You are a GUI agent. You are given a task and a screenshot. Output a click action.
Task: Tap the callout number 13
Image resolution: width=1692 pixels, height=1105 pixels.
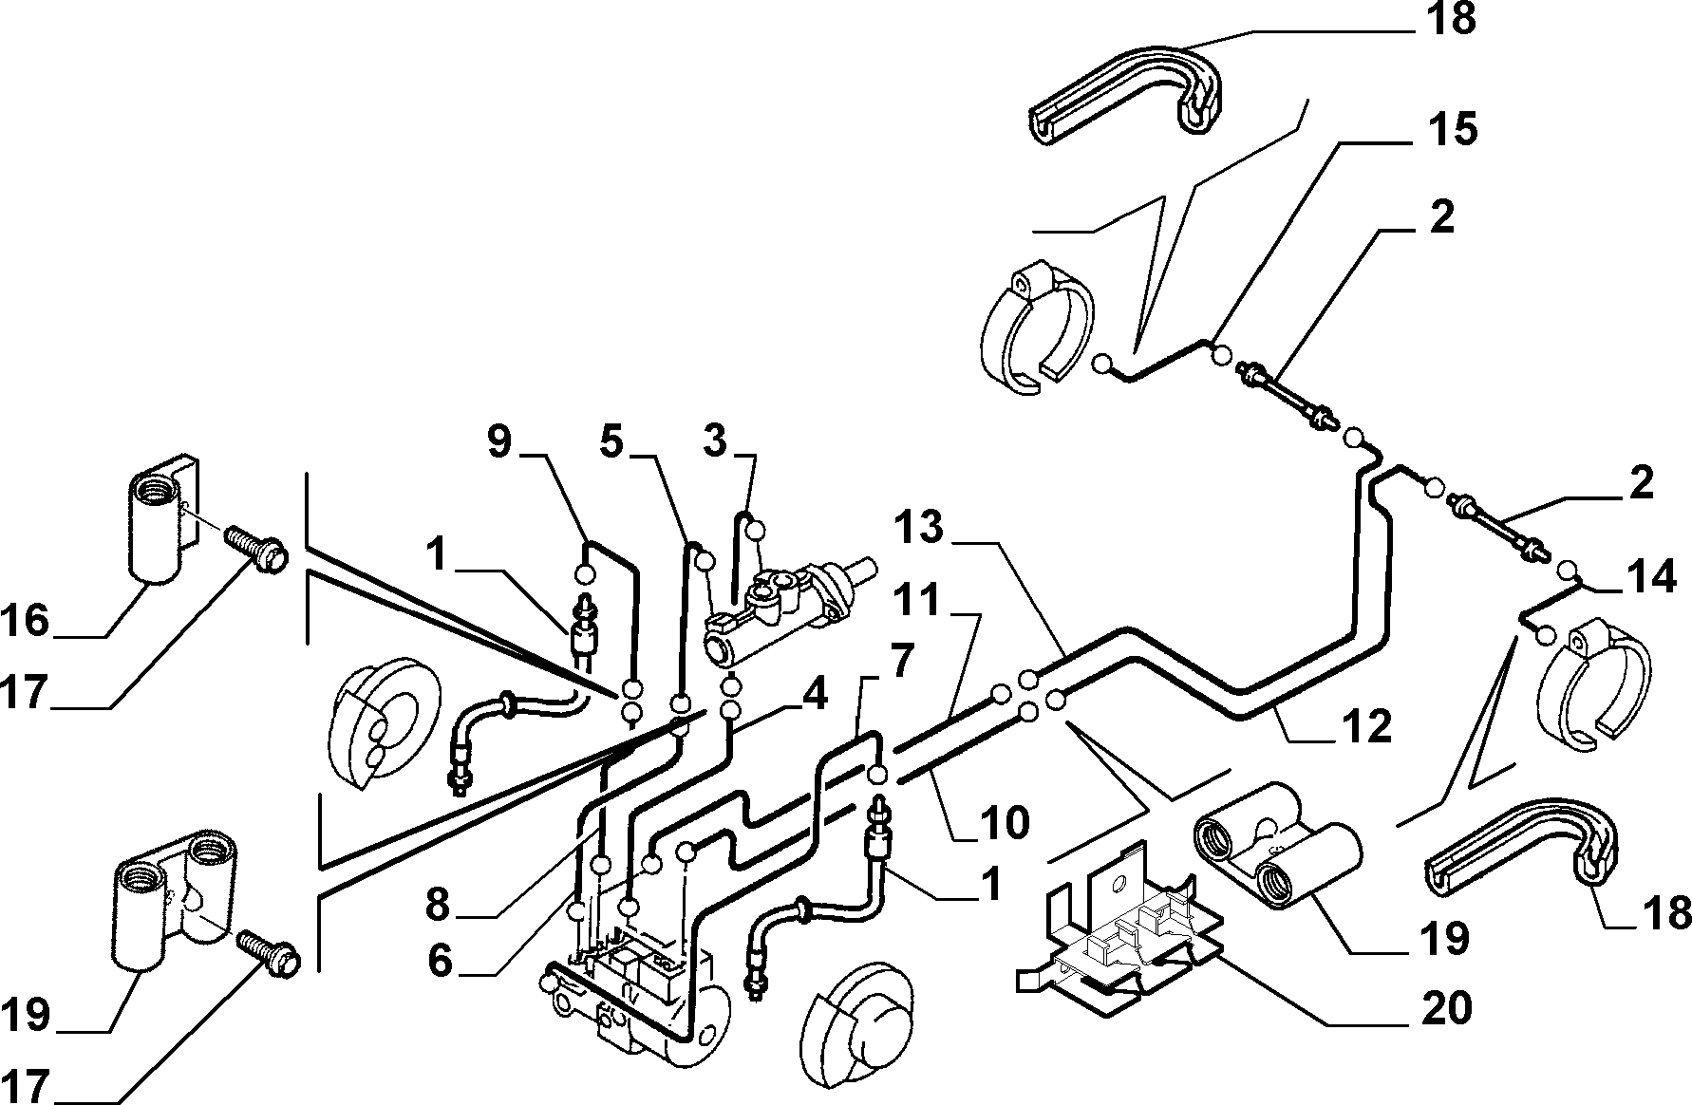pos(919,528)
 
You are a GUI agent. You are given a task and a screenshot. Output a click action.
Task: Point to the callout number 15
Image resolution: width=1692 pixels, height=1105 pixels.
pos(1452,129)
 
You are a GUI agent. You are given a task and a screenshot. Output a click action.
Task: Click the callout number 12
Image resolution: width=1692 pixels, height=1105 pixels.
pos(1364,726)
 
